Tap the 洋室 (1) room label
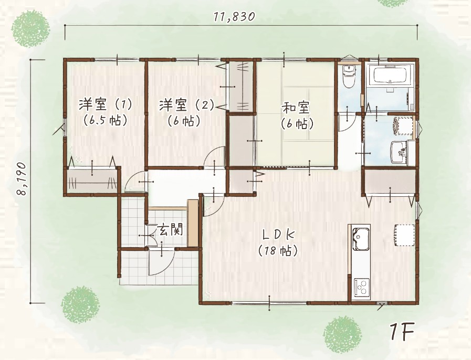[105, 105]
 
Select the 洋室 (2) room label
[186, 105]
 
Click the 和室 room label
[296, 108]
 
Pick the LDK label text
[278, 235]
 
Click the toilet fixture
[349, 76]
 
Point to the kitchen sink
[360, 239]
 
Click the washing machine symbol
[402, 126]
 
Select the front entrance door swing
[161, 262]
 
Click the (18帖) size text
[278, 250]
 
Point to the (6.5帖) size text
[106, 120]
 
